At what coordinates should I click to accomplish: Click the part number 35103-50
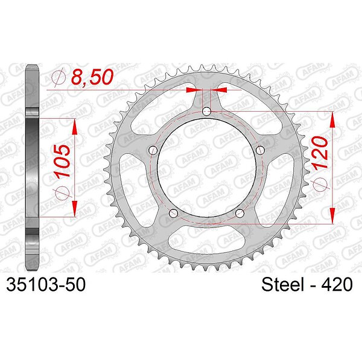coord(46,284)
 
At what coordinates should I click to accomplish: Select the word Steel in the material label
coord(282,284)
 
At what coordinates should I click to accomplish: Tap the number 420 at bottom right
coord(337,284)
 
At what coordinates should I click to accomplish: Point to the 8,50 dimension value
coord(92,77)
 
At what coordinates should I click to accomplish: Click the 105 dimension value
coord(62,161)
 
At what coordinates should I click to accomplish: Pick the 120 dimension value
coord(320,153)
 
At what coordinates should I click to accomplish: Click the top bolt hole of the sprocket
coord(206,112)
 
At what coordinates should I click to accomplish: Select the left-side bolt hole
coord(153,150)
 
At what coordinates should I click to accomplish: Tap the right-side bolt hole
coord(261,150)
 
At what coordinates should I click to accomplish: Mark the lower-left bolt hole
coord(173,213)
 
